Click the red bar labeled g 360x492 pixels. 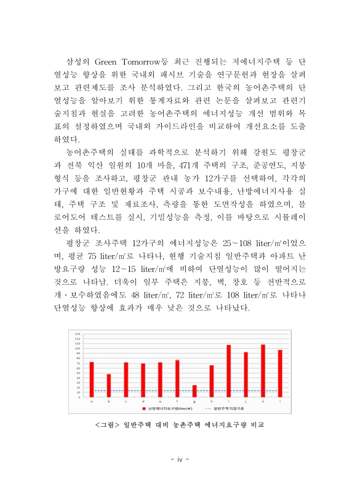(194, 391)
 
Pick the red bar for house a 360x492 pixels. (92, 379)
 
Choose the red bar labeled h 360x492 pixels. (211, 381)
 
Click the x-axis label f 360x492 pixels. (177, 402)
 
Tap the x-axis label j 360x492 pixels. (246, 402)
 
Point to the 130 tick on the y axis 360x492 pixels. (78, 335)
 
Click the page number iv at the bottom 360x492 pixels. (180, 459)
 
